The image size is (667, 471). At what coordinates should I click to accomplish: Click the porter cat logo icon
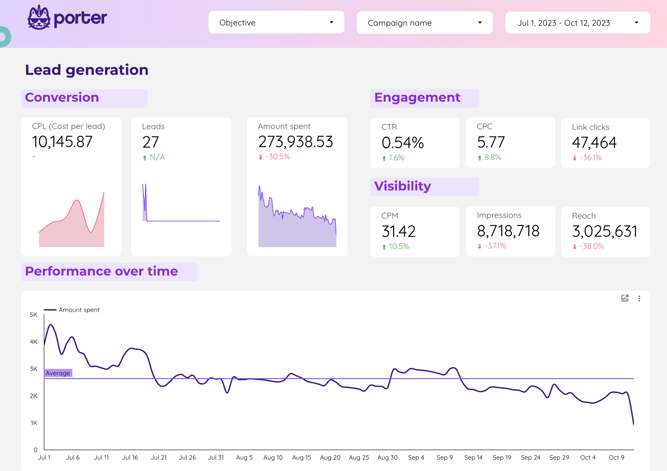click(39, 17)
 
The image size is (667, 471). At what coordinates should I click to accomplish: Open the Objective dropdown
click(276, 22)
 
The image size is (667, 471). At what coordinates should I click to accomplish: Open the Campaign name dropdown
click(425, 23)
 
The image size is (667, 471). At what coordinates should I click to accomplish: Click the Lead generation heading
click(87, 70)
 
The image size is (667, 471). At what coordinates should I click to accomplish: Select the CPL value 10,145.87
click(62, 142)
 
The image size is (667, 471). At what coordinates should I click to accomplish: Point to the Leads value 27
click(150, 142)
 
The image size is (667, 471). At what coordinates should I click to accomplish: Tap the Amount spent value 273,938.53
click(295, 142)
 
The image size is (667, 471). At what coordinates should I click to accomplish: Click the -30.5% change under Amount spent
click(278, 157)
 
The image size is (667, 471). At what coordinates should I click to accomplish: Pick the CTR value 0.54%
click(403, 143)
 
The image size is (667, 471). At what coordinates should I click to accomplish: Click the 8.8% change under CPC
click(493, 157)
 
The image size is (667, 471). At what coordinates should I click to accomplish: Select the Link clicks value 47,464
click(594, 142)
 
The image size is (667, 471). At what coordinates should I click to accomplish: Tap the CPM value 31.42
click(399, 231)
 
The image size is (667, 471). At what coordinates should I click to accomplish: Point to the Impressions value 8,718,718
click(508, 231)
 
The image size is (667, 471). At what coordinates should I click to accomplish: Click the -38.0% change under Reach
click(592, 246)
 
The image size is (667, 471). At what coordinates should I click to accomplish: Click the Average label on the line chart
click(58, 373)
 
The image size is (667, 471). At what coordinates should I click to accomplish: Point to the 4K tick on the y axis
click(34, 342)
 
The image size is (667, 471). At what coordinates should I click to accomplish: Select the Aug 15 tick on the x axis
click(302, 458)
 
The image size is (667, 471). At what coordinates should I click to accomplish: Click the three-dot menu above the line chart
click(639, 298)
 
